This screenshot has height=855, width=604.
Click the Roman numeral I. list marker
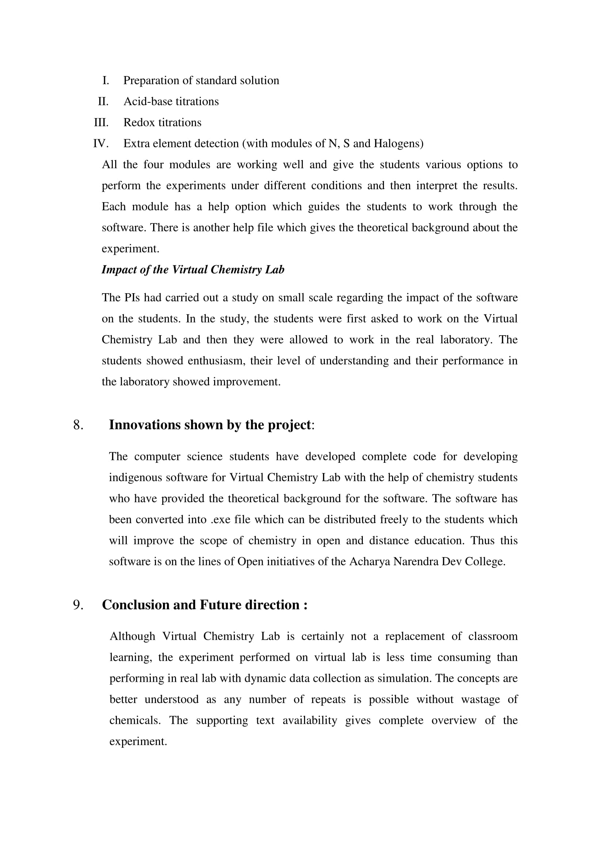coord(106,80)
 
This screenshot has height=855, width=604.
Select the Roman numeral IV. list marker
coord(100,143)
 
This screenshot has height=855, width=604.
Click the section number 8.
coord(78,425)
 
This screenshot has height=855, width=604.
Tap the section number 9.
coord(78,605)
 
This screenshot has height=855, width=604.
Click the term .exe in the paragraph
coord(221,519)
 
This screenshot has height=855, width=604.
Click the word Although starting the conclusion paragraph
coord(132,636)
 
